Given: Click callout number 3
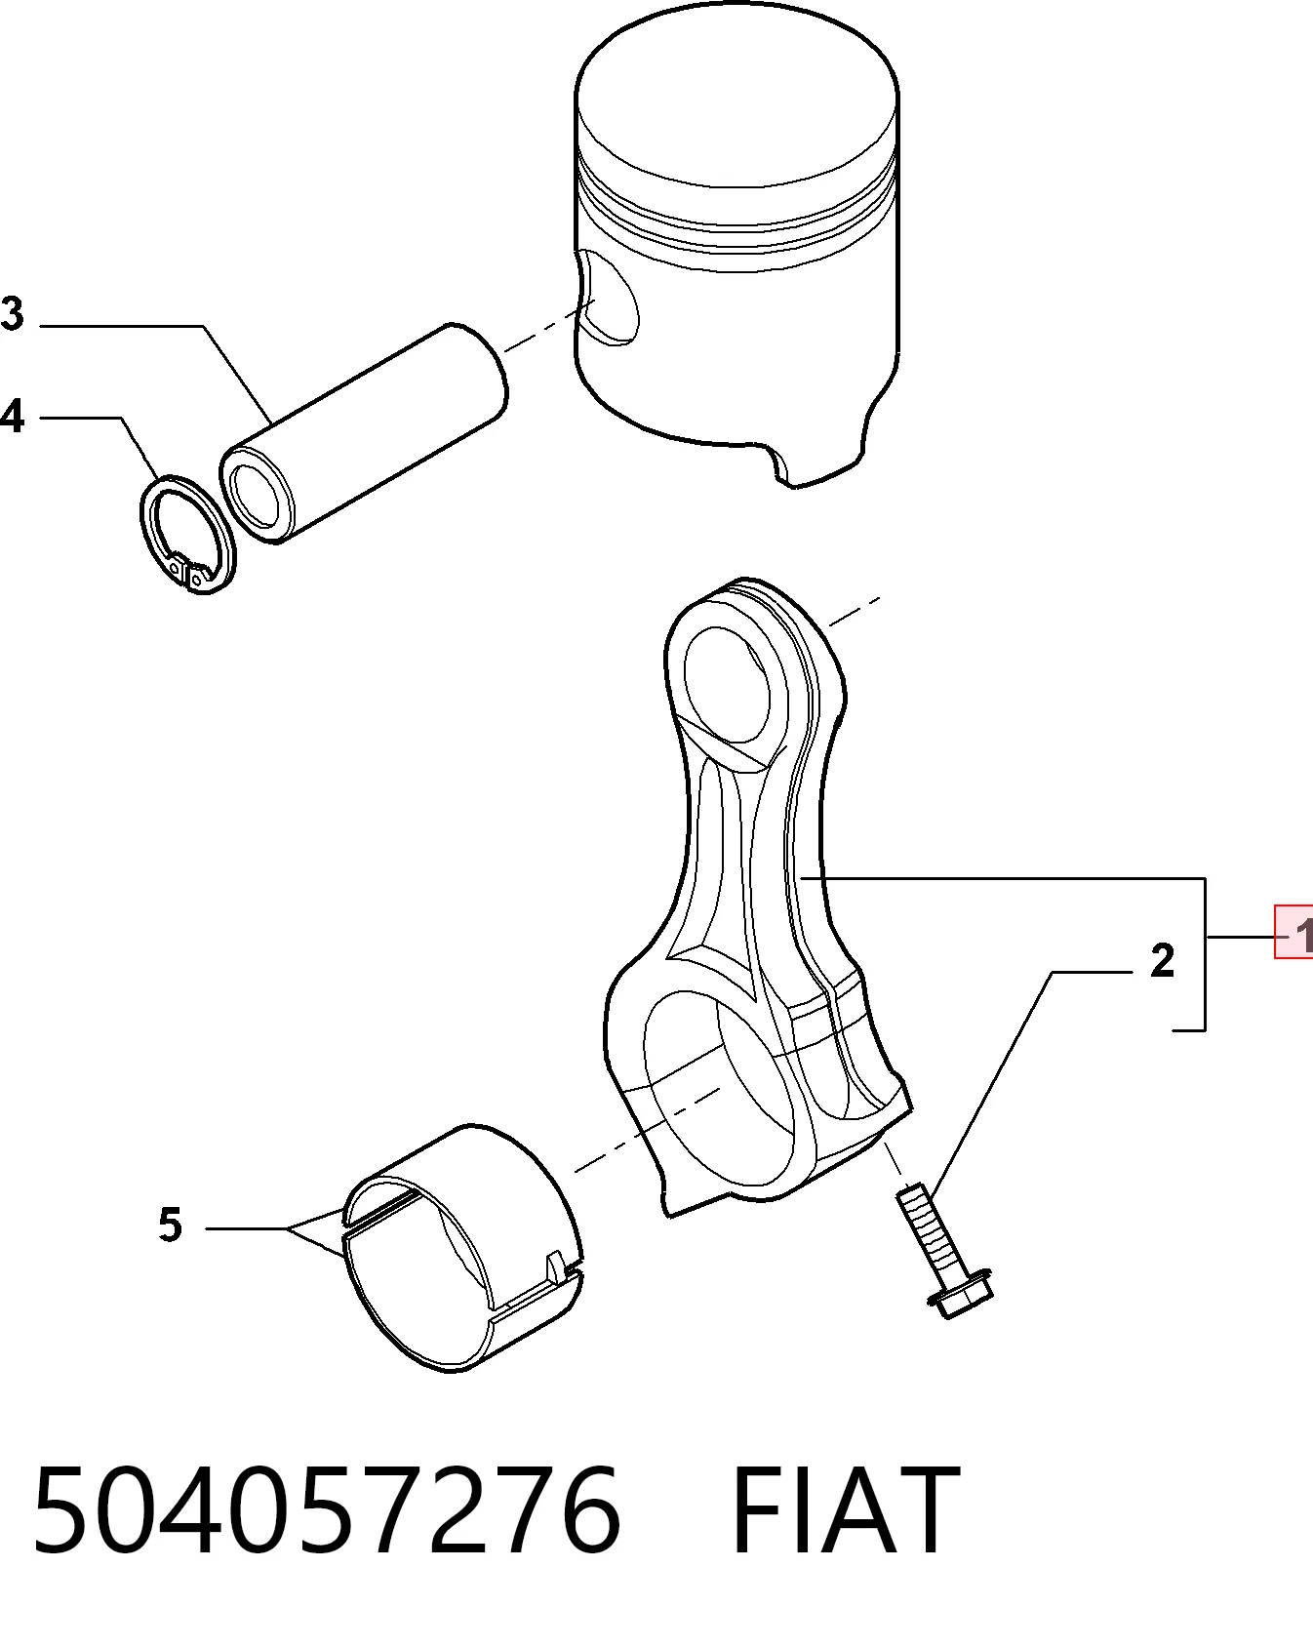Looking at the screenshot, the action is (x=12, y=314).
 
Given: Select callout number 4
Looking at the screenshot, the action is (x=12, y=416).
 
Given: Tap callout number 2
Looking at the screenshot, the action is (x=1162, y=961).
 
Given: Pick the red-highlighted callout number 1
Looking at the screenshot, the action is (x=1295, y=933).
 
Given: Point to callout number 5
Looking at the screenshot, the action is (x=171, y=1226).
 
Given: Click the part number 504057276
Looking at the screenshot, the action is (x=327, y=1510).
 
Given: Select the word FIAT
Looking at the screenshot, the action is (x=845, y=1510).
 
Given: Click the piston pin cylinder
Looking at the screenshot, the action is (x=363, y=433).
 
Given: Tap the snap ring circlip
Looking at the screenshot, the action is (x=185, y=535).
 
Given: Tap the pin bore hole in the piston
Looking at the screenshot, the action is (x=607, y=298).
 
